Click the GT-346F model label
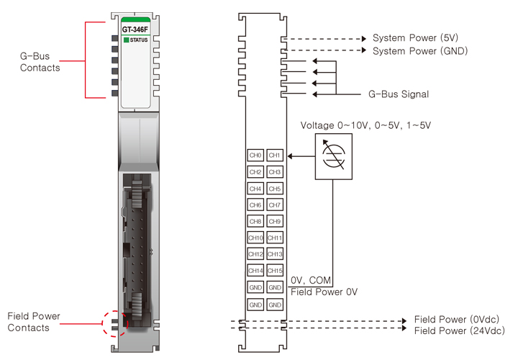tap(135, 30)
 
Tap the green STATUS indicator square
tap(126, 40)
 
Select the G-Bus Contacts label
tap(40, 62)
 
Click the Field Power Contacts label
tap(34, 322)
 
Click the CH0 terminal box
tap(255, 155)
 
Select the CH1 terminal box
tap(274, 155)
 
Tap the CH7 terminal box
tap(274, 204)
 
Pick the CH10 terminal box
tap(255, 238)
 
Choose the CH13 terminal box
tap(274, 254)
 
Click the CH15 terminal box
tap(274, 271)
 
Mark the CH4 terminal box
tap(255, 188)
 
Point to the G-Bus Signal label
tap(399, 94)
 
